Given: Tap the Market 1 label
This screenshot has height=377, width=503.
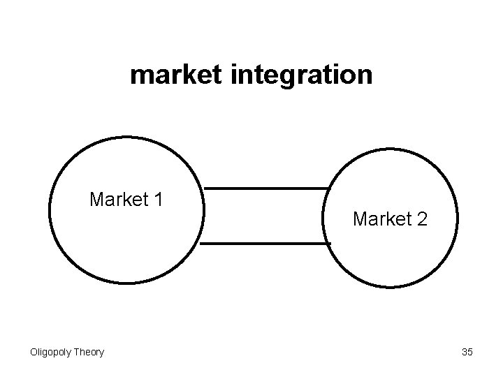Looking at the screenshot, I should click(x=126, y=200).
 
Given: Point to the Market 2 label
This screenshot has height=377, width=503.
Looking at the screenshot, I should click(x=391, y=219).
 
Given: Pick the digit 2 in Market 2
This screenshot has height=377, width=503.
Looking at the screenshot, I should click(x=423, y=219).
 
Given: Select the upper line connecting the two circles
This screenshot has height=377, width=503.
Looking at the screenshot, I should click(x=265, y=188).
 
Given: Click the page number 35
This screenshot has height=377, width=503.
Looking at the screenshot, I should click(x=467, y=352).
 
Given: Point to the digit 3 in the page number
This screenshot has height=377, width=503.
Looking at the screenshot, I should click(x=465, y=352).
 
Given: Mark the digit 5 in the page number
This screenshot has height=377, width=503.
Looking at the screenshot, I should click(x=470, y=352).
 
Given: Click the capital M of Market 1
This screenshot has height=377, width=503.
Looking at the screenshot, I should click(x=97, y=200).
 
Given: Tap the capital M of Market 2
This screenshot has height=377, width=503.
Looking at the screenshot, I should click(x=361, y=219).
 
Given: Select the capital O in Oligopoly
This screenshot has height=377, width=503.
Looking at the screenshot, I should click(x=33, y=352).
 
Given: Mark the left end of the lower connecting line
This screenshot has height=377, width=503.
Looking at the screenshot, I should click(x=201, y=244).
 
